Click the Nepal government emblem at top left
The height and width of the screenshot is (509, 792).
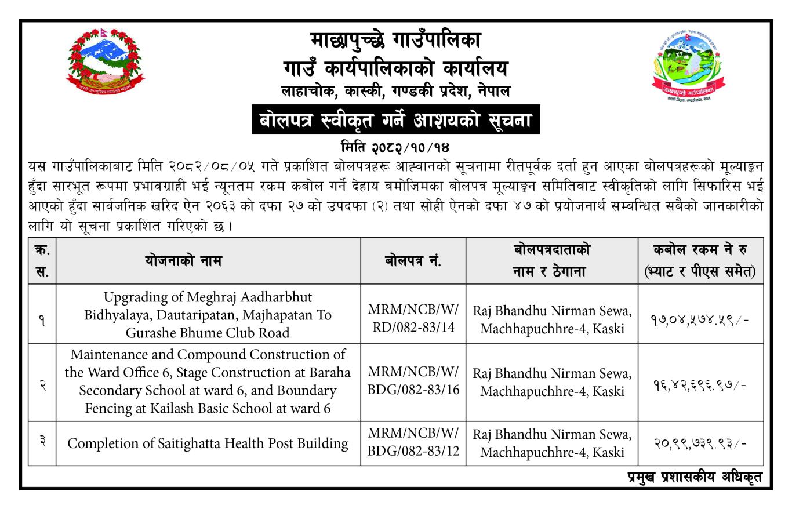tap(105, 61)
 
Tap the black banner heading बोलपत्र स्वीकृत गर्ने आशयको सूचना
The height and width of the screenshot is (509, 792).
tap(395, 120)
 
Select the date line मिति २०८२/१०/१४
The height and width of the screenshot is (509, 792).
tap(395, 145)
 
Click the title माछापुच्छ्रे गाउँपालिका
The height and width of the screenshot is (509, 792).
tap(395, 41)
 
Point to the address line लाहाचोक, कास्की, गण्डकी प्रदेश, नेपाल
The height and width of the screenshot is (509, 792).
tap(395, 90)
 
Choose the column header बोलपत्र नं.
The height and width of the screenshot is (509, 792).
tap(413, 261)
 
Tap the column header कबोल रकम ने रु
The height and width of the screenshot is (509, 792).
tap(700, 250)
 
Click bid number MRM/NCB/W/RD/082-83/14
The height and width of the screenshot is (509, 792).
tap(413, 318)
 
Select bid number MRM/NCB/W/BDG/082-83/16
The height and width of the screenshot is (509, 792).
tap(413, 380)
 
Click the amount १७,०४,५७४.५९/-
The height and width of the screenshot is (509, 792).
tap(700, 319)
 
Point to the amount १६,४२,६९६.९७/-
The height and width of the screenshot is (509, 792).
tap(700, 382)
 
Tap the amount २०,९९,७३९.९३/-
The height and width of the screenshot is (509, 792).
tap(700, 443)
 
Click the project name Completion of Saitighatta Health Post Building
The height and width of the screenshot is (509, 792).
tap(208, 443)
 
